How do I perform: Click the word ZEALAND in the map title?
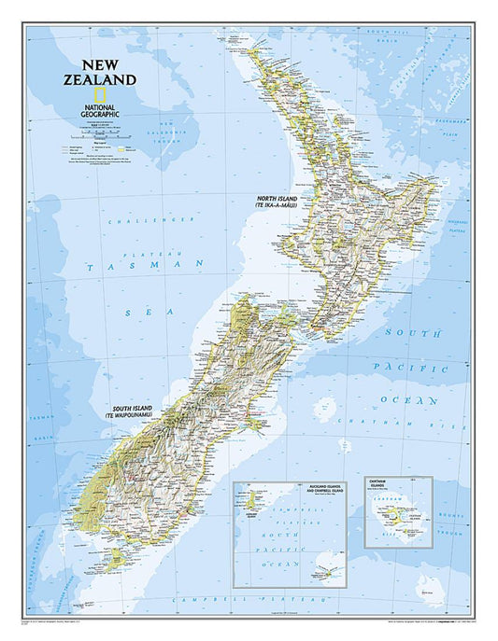point(109,80)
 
